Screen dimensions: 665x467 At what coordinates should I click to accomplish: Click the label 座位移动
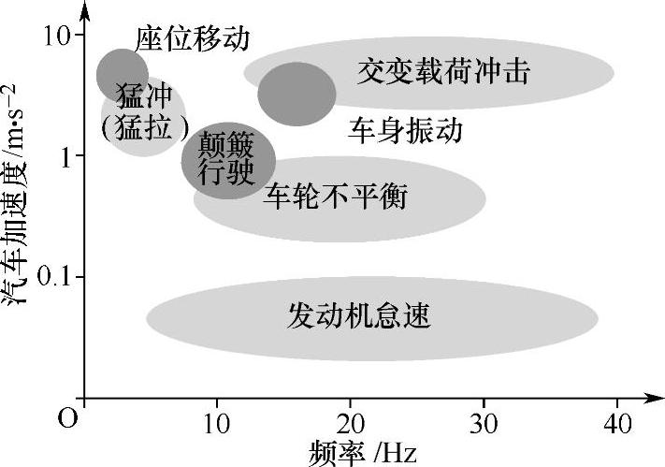(192, 39)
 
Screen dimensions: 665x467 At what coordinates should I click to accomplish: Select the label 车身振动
(405, 129)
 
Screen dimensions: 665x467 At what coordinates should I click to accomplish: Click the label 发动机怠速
(359, 316)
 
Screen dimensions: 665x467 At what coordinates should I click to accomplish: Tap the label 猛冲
(141, 95)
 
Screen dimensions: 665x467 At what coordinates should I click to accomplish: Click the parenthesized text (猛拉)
(145, 126)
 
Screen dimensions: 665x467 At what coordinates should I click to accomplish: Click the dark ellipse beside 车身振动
(296, 94)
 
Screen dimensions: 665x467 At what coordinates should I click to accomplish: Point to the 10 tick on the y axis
(58, 35)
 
